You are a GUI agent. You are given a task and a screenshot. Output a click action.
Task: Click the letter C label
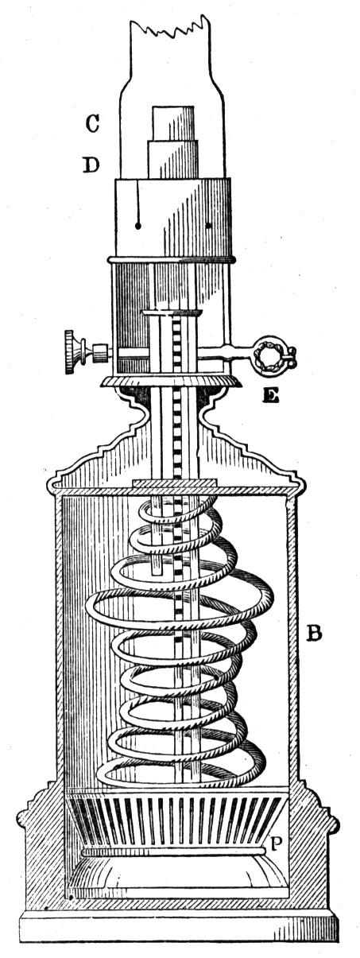click(x=92, y=123)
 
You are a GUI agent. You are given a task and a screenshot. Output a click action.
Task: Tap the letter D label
click(x=91, y=165)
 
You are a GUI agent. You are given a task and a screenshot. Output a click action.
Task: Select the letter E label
click(x=271, y=397)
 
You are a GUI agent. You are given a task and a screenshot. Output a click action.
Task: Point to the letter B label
click(x=313, y=633)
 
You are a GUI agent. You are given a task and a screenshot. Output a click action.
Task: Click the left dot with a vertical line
click(x=137, y=225)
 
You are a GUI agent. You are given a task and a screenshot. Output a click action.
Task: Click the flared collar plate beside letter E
click(x=170, y=382)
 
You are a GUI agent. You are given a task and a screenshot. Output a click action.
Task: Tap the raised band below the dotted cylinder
click(x=172, y=259)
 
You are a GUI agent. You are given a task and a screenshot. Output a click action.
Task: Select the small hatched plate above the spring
click(x=174, y=483)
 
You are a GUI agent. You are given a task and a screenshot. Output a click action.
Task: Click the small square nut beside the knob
click(x=99, y=351)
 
